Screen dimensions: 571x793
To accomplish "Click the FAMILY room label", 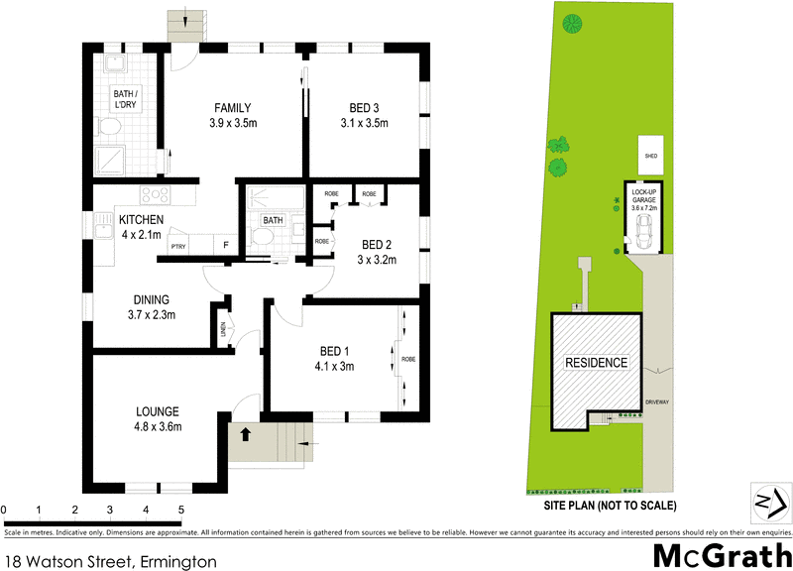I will click(x=232, y=108).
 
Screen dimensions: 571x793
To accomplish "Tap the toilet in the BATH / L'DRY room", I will click(x=111, y=128).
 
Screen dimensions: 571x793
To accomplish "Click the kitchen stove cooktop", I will click(x=155, y=194).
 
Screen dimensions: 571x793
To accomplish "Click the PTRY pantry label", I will click(x=178, y=247).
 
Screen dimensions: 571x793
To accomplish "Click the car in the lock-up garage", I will click(x=642, y=232).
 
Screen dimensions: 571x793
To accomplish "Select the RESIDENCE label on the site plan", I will click(x=596, y=363).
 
